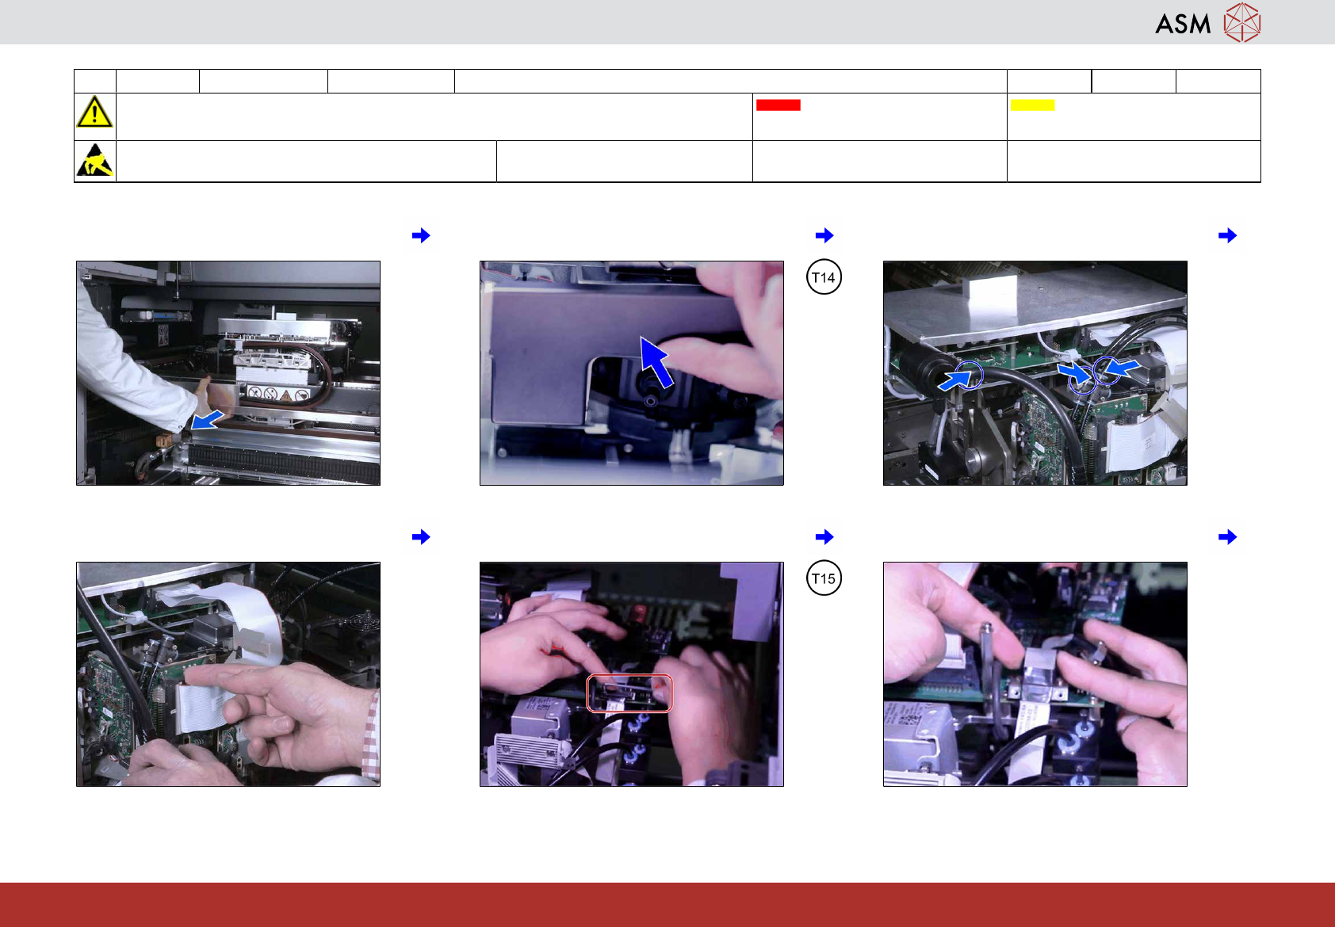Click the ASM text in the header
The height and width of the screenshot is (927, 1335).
pyautogui.click(x=1183, y=25)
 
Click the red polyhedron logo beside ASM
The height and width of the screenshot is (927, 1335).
pyautogui.click(x=1242, y=23)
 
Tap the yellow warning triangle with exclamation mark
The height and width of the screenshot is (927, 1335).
pyautogui.click(x=94, y=112)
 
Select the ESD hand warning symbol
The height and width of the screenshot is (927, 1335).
pyautogui.click(x=94, y=160)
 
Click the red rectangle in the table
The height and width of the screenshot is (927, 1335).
pyautogui.click(x=778, y=105)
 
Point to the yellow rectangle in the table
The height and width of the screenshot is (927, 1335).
pyautogui.click(x=1032, y=105)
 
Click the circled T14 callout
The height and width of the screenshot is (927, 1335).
pyautogui.click(x=824, y=277)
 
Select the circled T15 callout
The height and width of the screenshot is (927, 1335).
pyautogui.click(x=824, y=578)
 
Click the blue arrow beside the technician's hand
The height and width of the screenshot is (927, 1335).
pyautogui.click(x=207, y=420)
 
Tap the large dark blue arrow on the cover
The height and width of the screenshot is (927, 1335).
pyautogui.click(x=656, y=361)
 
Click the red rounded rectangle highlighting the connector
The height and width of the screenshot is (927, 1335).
pyautogui.click(x=629, y=692)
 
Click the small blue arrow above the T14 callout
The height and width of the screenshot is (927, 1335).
pyautogui.click(x=824, y=235)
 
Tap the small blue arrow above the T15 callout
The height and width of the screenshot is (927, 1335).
pyautogui.click(x=824, y=536)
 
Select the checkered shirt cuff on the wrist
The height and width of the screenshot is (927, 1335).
pyautogui.click(x=370, y=736)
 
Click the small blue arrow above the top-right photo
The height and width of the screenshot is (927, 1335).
pyautogui.click(x=1227, y=235)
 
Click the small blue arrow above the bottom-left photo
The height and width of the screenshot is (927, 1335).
pyautogui.click(x=421, y=536)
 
